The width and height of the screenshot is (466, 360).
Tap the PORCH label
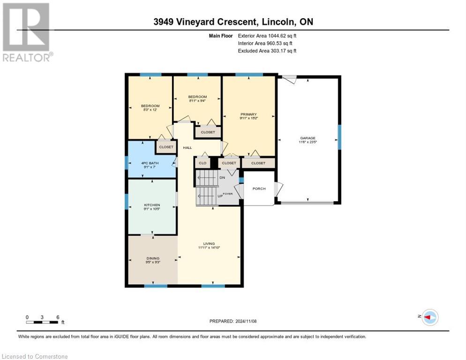point(259,188)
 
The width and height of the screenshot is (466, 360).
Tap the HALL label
point(188,148)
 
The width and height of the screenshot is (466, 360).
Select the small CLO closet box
point(203,163)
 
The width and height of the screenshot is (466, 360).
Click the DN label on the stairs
point(222,178)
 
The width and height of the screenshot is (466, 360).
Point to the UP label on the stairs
point(219,196)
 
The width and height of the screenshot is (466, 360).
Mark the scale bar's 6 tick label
point(58,317)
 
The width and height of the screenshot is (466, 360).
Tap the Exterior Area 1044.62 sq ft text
point(267,36)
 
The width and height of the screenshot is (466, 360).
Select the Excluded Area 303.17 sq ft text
point(267,51)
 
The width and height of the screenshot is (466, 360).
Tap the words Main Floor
point(220,36)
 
